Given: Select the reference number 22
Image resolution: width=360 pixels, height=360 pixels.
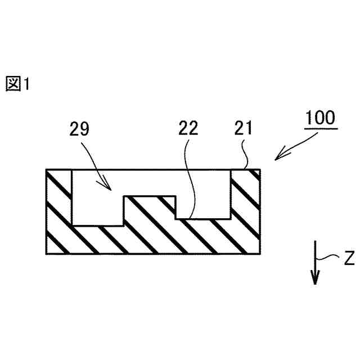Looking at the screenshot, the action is point(188,128).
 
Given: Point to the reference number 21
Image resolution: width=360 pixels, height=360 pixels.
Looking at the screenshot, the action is point(243,128).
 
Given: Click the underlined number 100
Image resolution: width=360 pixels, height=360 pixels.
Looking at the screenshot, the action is point(321,118).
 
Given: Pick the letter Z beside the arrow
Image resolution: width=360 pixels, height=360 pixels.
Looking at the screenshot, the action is point(349,258).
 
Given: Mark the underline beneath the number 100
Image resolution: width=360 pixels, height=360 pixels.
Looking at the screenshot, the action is point(321,128).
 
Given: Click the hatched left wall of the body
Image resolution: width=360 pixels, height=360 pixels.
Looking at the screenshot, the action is point(58,208).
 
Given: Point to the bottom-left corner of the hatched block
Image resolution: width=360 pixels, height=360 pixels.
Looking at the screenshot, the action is point(46,254).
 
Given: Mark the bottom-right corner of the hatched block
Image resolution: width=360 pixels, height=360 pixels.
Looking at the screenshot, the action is point(260,254).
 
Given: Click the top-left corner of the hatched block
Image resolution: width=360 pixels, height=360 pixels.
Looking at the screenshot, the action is point(46,170).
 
